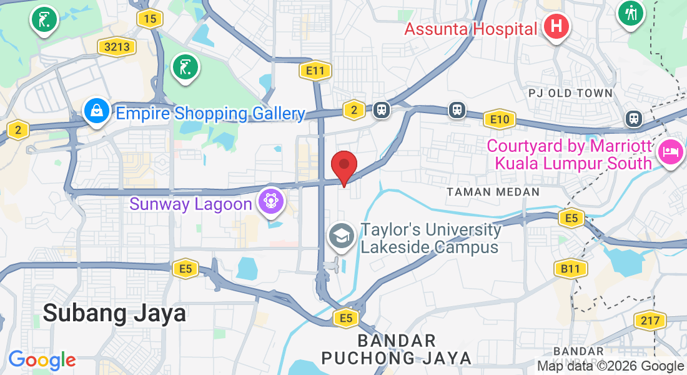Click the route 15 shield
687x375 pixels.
150,19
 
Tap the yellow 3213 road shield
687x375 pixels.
117,46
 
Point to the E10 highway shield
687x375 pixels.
500,119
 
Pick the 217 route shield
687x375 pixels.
650,321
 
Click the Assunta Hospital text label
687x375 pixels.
470,29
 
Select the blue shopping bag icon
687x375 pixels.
97,112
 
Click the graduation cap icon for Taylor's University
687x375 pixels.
341,237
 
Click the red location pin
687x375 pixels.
343,167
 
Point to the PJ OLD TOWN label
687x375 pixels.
570,93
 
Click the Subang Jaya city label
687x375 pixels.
114,312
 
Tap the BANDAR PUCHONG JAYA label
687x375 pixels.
397,349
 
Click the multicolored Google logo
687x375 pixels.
42,361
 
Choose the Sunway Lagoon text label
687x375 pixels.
191,204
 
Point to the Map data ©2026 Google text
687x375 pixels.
610,366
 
